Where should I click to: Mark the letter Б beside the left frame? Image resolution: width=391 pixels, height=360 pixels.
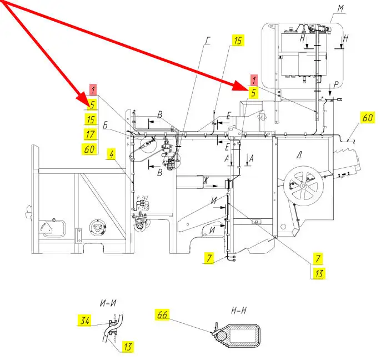pos(106,126)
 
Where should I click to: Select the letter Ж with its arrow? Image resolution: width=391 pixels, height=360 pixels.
pos(206,181)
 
